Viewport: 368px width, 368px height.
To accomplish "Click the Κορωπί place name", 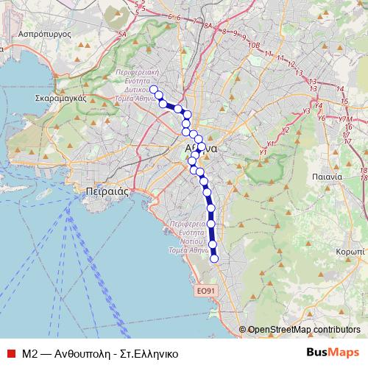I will coord(350,251).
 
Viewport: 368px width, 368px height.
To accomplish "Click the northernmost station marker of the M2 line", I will coord(154,90).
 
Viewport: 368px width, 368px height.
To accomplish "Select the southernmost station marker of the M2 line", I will coord(215,258).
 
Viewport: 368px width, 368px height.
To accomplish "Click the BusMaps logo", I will coord(334,352).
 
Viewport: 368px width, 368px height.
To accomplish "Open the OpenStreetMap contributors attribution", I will coord(304,330).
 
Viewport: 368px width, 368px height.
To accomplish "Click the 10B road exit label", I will coord(255,45).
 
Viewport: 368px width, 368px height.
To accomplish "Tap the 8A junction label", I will coord(209,26).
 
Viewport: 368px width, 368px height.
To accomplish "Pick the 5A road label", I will coord(123,33).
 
